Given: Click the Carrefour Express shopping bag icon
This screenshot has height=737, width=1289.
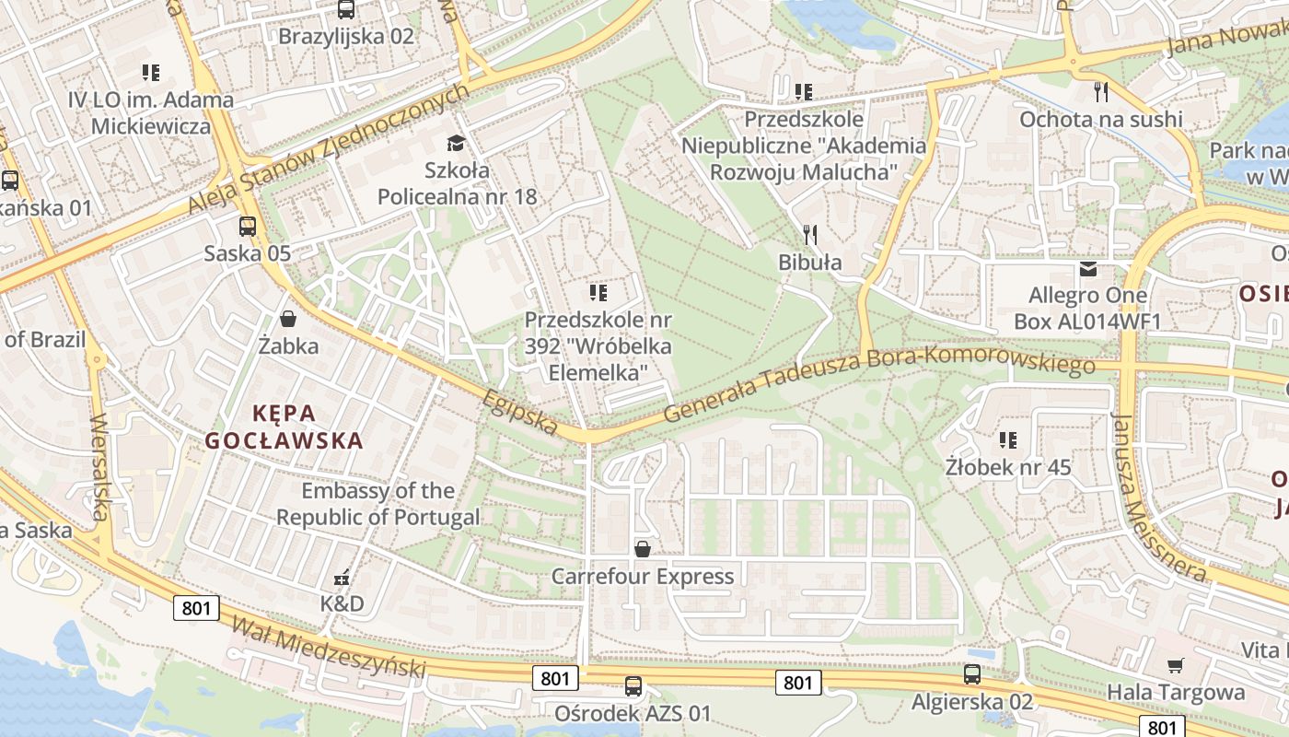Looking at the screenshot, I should coord(643,549).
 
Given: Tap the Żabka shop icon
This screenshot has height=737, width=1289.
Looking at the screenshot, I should coord(288,319).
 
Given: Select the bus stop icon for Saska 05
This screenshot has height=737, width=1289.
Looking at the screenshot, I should coord(247,226).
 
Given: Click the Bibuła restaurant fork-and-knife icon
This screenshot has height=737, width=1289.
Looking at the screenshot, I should coord(810,234).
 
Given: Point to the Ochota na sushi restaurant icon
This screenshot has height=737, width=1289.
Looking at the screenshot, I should coord(1100,91).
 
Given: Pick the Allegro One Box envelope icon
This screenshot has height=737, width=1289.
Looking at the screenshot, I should coord(1088,269).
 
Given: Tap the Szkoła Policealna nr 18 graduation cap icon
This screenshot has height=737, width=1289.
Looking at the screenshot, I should coord(456,143).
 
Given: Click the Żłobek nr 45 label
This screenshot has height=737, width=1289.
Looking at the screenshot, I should coord(1008,467).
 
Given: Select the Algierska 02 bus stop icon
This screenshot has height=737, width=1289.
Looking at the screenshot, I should coord(972,674).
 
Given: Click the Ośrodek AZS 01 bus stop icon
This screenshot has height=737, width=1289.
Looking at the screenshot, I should coord(633,685).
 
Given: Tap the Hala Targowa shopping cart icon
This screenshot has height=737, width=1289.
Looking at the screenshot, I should coord(1175,665).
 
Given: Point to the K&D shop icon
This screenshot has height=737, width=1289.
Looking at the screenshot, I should coord(342,578).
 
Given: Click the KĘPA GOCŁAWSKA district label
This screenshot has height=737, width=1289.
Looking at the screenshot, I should coord(284,426).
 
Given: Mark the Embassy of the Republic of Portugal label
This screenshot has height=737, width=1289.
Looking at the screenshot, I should coord(378,503).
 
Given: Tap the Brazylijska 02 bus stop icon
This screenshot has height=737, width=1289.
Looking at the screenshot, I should coord(346,10).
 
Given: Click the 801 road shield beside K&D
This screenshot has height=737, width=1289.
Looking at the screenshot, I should coord(196,607).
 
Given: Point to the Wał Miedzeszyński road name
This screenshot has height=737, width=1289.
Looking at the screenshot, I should coord(329,648).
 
